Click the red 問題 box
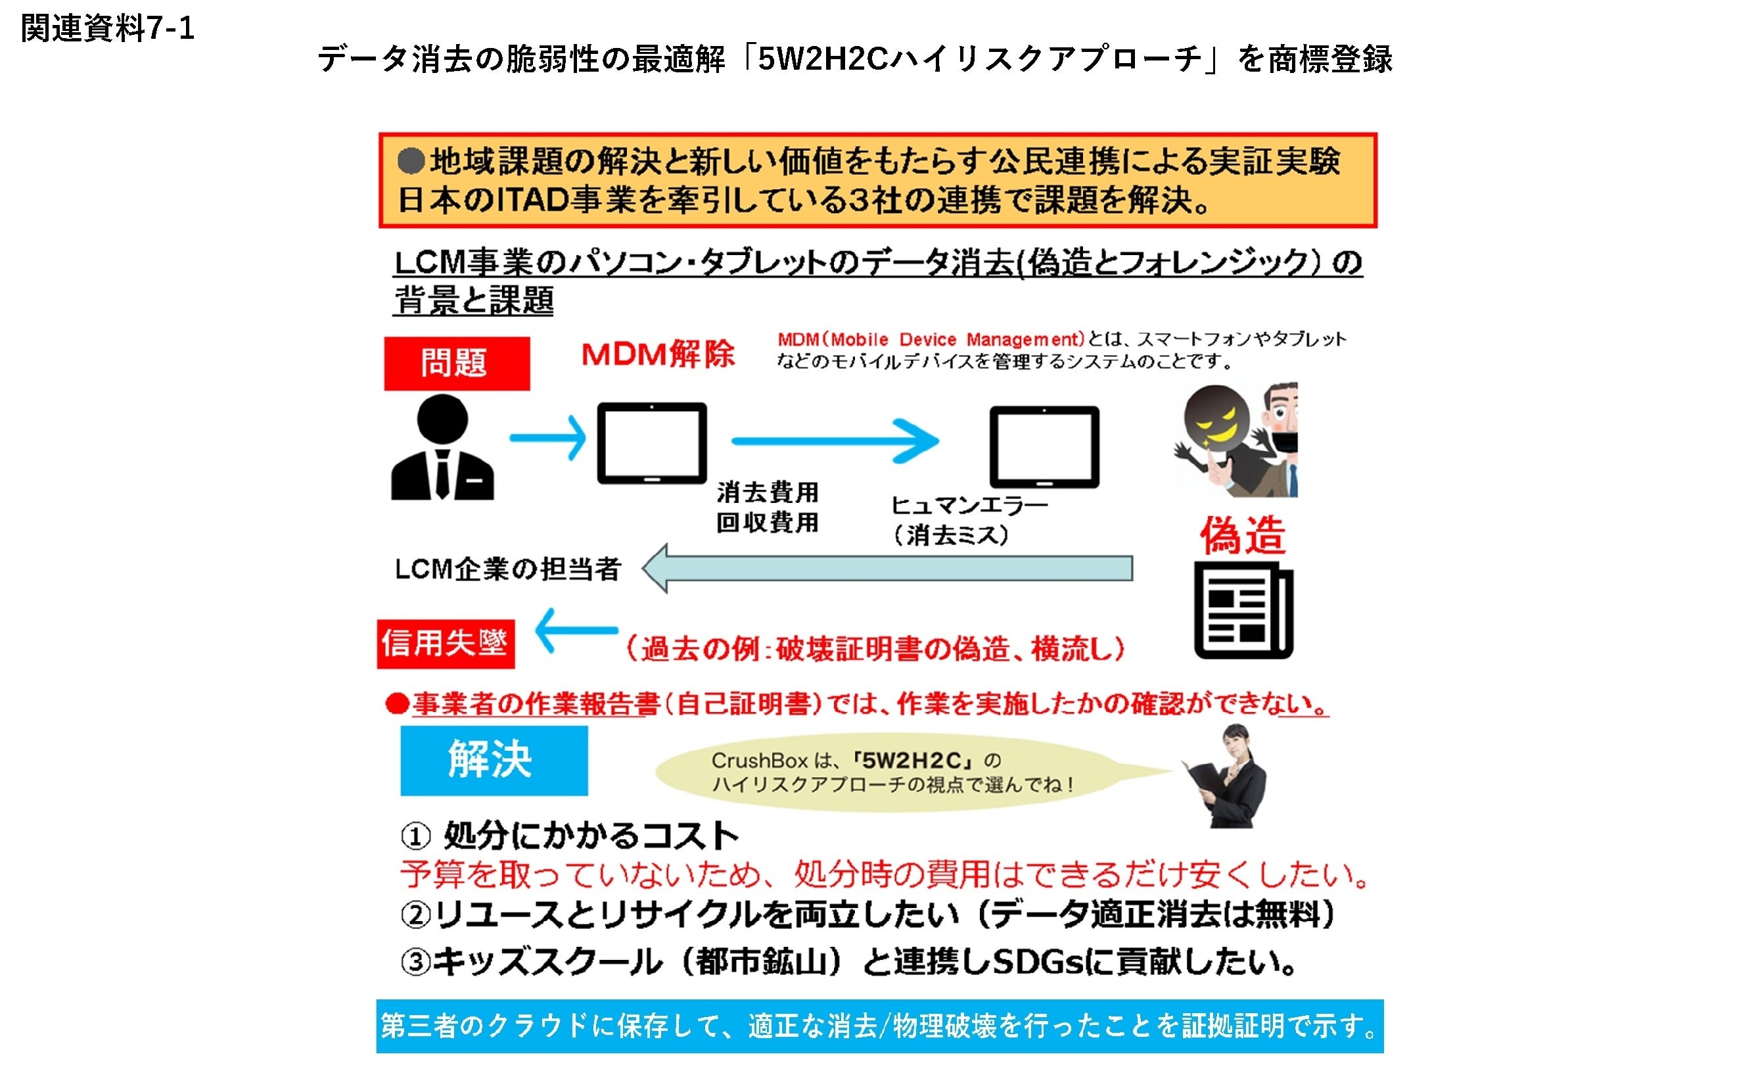(456, 363)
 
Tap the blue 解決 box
(494, 760)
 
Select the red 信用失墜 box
(446, 644)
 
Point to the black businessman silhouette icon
(442, 447)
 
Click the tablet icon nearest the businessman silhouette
(651, 443)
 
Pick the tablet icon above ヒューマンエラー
(1044, 446)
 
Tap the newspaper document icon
(1243, 610)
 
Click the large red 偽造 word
(1242, 535)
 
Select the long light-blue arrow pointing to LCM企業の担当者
(887, 568)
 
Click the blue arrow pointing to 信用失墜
(576, 630)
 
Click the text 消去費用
(767, 492)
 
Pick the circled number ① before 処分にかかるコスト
(415, 836)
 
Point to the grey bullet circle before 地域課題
(411, 162)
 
